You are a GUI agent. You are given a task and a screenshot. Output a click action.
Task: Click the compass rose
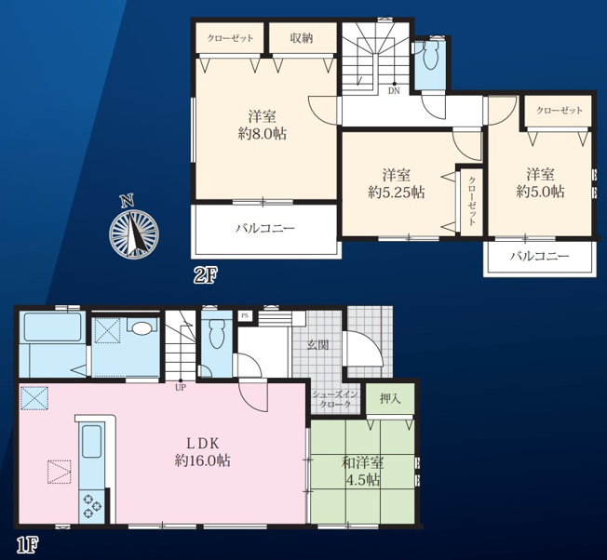click(133, 232)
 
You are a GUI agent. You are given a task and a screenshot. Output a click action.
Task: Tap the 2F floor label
click(206, 276)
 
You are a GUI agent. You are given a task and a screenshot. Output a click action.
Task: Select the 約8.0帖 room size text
click(263, 135)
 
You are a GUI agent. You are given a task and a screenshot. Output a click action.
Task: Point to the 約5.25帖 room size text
click(396, 193)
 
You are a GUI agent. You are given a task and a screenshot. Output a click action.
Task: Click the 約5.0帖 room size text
click(540, 192)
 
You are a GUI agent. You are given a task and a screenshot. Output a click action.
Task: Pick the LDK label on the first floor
click(203, 443)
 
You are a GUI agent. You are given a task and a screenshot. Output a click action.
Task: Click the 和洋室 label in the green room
click(363, 462)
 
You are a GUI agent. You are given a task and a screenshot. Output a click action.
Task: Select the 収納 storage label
click(302, 38)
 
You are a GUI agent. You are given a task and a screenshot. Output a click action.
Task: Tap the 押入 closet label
click(390, 398)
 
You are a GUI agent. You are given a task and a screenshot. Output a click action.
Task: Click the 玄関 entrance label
click(318, 345)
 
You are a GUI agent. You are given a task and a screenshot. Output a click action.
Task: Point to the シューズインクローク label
click(335, 399)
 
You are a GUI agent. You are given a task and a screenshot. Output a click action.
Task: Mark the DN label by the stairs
click(394, 91)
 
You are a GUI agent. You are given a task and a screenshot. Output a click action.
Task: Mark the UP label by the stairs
click(181, 388)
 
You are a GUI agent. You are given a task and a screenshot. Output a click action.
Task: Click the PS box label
click(244, 315)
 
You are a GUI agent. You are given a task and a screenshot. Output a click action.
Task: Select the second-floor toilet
click(430, 55)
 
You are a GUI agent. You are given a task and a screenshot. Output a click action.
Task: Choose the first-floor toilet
click(216, 332)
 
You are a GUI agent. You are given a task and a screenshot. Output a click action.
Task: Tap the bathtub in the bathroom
click(53, 327)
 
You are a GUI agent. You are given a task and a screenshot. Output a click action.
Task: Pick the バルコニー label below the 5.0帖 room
click(539, 256)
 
